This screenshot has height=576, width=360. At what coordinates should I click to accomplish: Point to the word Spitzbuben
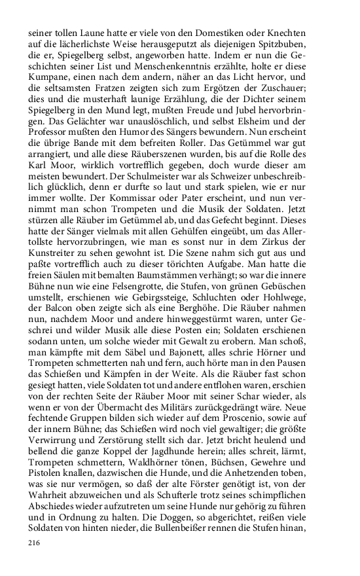[303, 45]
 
